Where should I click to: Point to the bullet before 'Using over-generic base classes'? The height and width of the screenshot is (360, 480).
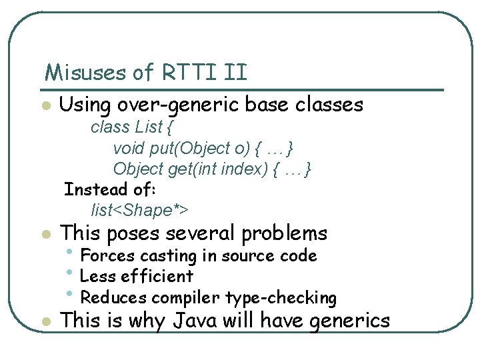[x=45, y=106]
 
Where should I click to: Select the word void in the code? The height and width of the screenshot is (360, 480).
[x=128, y=148]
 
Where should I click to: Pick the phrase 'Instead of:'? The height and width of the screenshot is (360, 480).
[x=109, y=189]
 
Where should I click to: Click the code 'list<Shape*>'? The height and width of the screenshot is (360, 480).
[x=140, y=211]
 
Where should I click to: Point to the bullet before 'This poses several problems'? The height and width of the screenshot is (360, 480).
[x=45, y=235]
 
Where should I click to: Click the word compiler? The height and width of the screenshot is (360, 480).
[x=188, y=297]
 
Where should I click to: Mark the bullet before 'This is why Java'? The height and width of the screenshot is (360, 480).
[x=45, y=322]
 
